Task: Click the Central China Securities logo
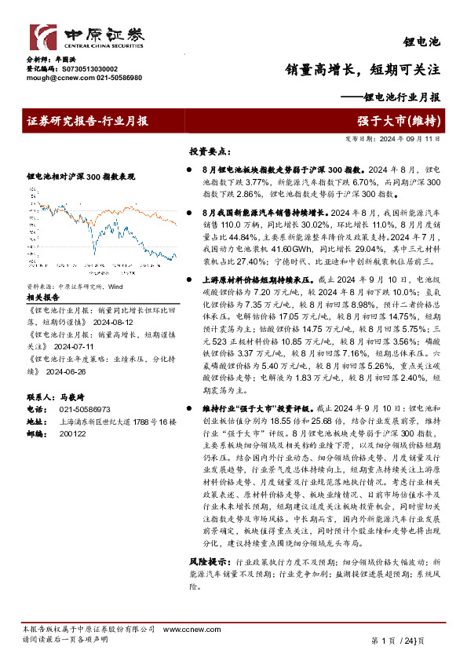click(x=87, y=37)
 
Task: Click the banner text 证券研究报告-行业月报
click(x=87, y=121)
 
